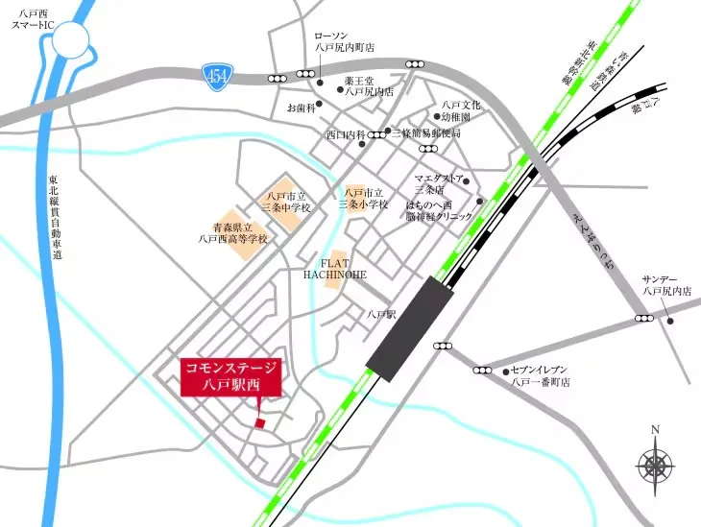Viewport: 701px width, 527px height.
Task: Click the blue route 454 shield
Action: [x=215, y=73]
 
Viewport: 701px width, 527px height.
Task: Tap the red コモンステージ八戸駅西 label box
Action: [x=230, y=376]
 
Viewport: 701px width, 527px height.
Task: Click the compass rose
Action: [x=655, y=467]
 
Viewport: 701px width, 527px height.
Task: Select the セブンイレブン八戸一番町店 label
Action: [x=540, y=375]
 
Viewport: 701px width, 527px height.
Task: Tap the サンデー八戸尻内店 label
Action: [x=667, y=284]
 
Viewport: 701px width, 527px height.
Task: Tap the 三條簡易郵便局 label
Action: [x=426, y=133]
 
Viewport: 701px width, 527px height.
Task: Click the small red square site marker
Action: [x=258, y=424]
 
